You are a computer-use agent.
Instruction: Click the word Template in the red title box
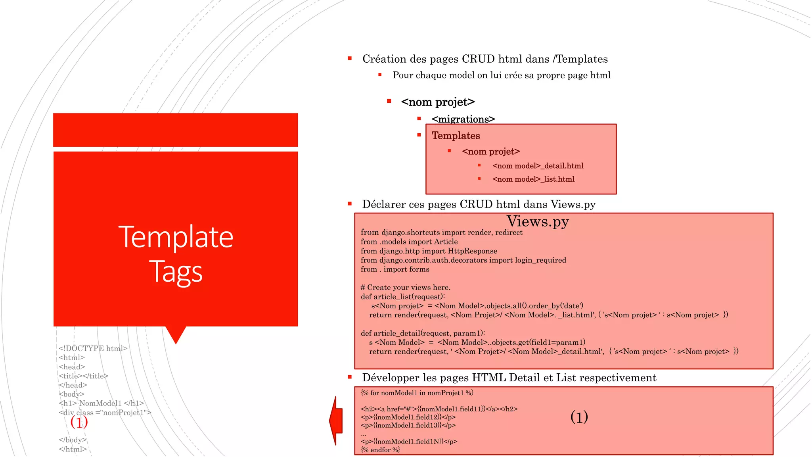[x=176, y=237]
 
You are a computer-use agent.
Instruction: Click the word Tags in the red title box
[x=176, y=272]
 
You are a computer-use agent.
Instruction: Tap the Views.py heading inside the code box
[x=538, y=221]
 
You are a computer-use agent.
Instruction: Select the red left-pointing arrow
[x=336, y=421]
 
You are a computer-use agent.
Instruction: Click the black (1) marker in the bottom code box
[x=579, y=417]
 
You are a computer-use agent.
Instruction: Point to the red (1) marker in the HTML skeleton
[x=79, y=422]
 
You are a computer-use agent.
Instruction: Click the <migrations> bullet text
[x=463, y=119]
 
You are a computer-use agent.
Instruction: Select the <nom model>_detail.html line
[x=538, y=166]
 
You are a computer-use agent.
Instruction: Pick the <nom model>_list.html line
[x=533, y=179]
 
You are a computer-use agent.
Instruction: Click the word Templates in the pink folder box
[x=456, y=136]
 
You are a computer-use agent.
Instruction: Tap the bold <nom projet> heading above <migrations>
[x=438, y=102]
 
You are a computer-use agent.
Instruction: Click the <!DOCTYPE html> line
[x=93, y=348]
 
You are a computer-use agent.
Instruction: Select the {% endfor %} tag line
[x=380, y=450]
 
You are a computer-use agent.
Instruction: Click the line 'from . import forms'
[x=395, y=269]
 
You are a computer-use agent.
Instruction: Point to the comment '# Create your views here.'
[x=405, y=288]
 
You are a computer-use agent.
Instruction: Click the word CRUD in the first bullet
[x=478, y=59]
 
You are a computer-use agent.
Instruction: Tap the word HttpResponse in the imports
[x=472, y=251]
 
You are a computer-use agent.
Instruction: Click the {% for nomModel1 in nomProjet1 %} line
[x=417, y=393]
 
